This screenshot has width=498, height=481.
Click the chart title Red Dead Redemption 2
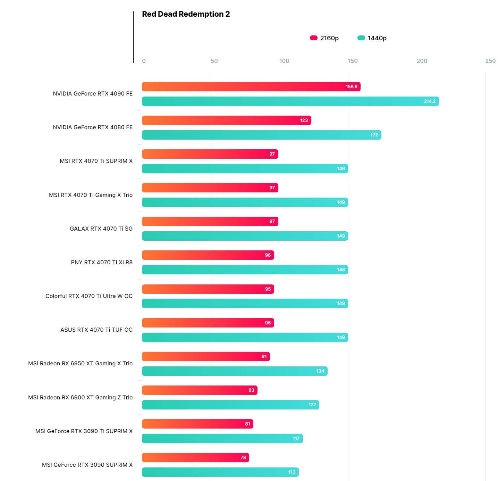tap(186, 14)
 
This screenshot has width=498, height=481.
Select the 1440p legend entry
tap(372, 38)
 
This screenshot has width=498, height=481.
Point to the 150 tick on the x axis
tap(353, 61)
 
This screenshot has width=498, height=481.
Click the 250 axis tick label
tap(490, 61)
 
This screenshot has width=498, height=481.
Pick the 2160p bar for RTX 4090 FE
tap(251, 87)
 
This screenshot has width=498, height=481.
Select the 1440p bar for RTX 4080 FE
tap(261, 135)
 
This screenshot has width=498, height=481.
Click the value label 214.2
tap(429, 101)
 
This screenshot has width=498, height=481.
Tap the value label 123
tap(304, 121)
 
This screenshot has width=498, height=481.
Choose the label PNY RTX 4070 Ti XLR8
tap(102, 263)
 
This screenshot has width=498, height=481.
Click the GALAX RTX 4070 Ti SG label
tap(101, 229)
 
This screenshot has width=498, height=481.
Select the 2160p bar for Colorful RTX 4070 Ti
tap(208, 289)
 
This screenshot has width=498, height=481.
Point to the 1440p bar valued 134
tap(235, 371)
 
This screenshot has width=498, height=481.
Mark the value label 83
tap(251, 390)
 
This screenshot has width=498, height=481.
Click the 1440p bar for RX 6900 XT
tap(230, 405)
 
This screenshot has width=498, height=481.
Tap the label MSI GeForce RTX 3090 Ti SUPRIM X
tap(84, 431)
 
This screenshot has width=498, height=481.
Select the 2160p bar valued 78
tap(195, 458)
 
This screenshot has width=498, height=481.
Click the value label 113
tap(292, 472)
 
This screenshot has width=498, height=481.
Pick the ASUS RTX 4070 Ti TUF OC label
tap(96, 330)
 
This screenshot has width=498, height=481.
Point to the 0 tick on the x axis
tap(144, 61)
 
